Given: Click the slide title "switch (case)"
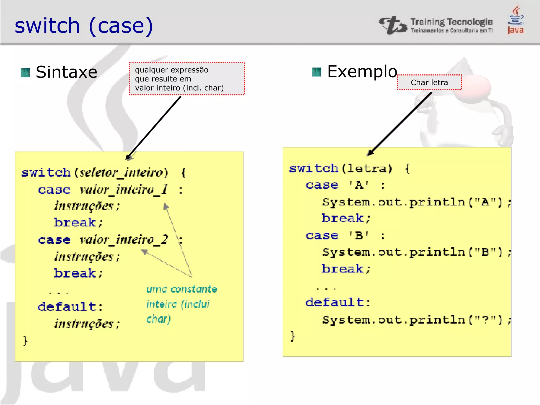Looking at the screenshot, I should point(84,26).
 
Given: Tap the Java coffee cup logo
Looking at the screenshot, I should point(516,20).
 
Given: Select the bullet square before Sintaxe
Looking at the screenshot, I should point(25,73).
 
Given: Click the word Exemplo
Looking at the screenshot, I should point(362,71).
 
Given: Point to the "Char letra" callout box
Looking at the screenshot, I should point(429,83).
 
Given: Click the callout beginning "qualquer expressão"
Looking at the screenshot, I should point(187,79).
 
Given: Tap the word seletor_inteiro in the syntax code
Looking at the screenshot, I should point(121,173).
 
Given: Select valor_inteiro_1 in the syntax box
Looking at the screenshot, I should point(123,190).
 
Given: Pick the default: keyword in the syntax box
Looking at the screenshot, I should point(70,307).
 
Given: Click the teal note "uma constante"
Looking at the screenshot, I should point(182,289).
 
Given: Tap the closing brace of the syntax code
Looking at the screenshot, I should point(25,341).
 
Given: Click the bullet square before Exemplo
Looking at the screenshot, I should point(317,72).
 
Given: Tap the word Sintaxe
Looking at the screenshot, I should point(66,72).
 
